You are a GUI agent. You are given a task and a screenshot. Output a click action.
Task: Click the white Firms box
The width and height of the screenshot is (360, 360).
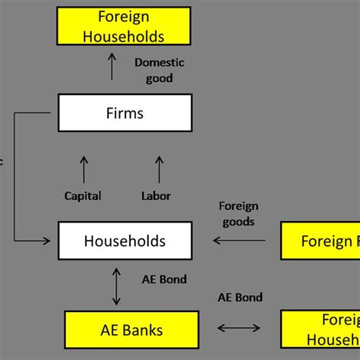[125, 114]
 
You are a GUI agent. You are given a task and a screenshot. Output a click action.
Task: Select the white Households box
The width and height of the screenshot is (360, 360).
[125, 242]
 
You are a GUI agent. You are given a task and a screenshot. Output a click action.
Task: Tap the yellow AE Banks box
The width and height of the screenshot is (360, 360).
[131, 330]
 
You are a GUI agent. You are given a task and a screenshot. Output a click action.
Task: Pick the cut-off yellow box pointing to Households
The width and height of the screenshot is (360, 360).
[320, 242]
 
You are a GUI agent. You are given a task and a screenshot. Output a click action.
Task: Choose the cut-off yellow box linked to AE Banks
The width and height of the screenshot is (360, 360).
[320, 330]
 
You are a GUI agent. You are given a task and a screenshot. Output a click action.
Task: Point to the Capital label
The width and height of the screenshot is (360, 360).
[84, 196]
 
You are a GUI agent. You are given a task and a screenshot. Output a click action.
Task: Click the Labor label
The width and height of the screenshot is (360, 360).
[156, 196]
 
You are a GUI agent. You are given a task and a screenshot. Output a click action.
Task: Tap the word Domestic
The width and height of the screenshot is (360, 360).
[159, 63]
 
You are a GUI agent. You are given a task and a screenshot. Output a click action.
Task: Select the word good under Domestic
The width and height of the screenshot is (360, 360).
[159, 77]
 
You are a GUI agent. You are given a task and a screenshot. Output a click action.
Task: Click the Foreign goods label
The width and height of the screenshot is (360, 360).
[238, 213]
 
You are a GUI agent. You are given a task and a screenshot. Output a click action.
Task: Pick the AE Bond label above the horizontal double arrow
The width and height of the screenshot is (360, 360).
[240, 297]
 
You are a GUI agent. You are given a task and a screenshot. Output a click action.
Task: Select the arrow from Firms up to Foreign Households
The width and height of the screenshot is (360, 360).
[112, 66]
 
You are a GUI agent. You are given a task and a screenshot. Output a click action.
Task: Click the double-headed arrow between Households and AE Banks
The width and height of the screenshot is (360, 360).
[115, 286]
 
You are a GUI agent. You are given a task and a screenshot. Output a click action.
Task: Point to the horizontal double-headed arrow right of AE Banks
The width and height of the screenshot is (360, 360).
[239, 329]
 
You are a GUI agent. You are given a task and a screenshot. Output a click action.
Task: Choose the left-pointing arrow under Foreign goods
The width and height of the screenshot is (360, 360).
[239, 241]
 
